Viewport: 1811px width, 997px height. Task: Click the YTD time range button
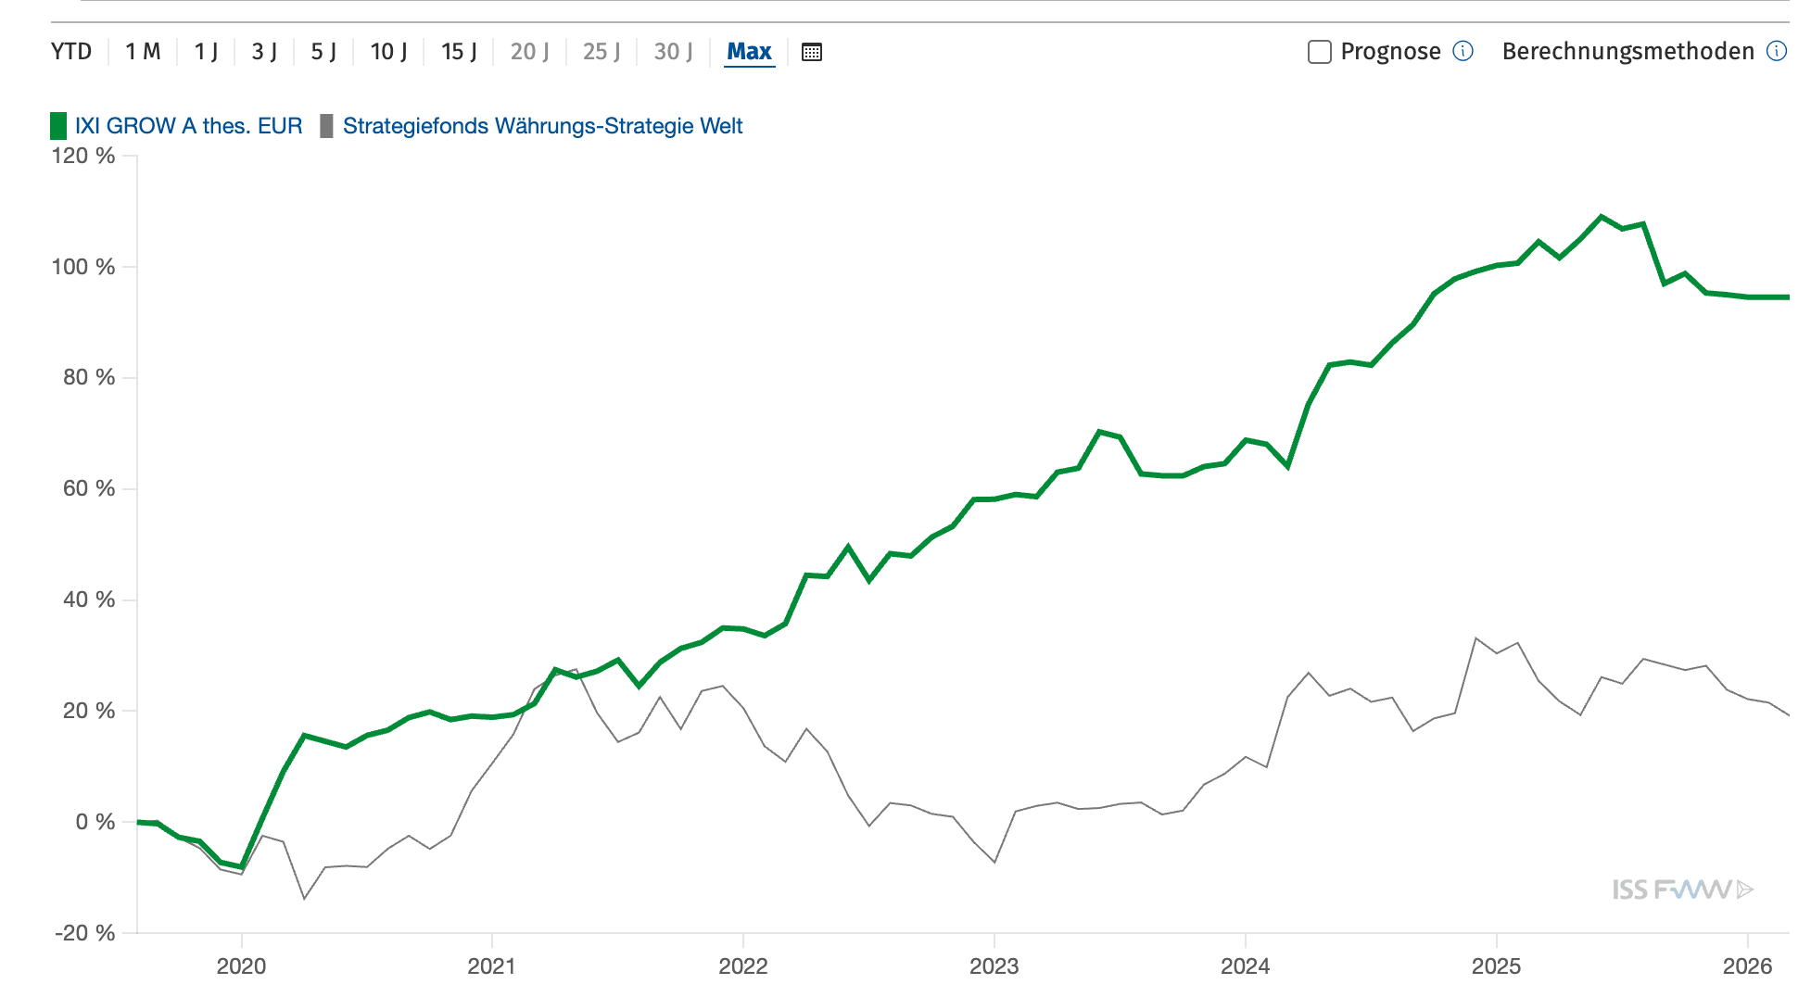pyautogui.click(x=71, y=52)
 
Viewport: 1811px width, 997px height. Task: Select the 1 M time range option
pyautogui.click(x=143, y=52)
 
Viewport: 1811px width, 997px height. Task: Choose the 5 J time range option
pyautogui.click(x=323, y=52)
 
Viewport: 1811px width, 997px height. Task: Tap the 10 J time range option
pyautogui.click(x=388, y=52)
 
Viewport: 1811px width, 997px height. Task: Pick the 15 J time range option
pyautogui.click(x=459, y=52)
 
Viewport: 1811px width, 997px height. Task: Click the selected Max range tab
pyautogui.click(x=749, y=52)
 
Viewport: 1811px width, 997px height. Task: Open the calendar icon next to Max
pyautogui.click(x=812, y=52)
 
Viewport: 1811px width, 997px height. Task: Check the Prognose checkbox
pyautogui.click(x=1319, y=52)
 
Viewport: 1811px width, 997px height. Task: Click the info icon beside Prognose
pyautogui.click(x=1463, y=51)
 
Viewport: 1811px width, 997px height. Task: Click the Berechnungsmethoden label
pyautogui.click(x=1627, y=52)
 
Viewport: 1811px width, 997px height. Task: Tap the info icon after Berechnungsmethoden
pyautogui.click(x=1776, y=51)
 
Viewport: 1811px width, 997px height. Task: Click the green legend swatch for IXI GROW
pyautogui.click(x=58, y=126)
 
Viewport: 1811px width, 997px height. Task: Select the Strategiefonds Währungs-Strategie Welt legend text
pyautogui.click(x=542, y=126)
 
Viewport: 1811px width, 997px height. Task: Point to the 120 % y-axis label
pyautogui.click(x=83, y=156)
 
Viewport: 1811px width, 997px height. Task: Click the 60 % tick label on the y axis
pyautogui.click(x=89, y=488)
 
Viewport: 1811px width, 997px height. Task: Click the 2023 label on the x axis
pyautogui.click(x=994, y=966)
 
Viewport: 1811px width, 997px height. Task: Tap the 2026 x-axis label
pyautogui.click(x=1747, y=966)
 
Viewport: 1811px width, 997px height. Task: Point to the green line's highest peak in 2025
pyautogui.click(x=1601, y=217)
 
